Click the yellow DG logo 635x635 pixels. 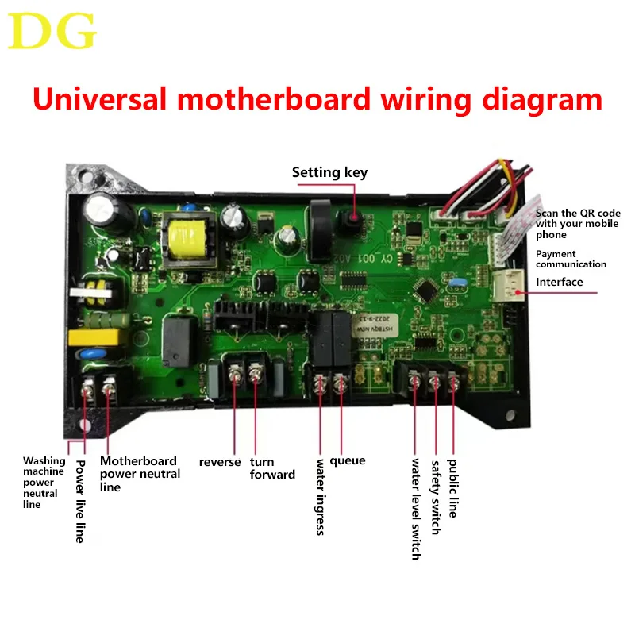coord(54,32)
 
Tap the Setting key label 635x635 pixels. coord(329,172)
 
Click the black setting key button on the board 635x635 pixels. coord(352,217)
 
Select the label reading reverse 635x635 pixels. coord(220,462)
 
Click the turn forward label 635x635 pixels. coord(272,468)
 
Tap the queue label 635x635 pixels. coord(347,460)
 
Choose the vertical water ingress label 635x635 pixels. coord(321,496)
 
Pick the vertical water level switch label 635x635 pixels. coord(415,509)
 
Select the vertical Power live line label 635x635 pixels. coord(79,501)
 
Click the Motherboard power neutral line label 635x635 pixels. coord(140,474)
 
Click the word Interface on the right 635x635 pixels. coord(559,282)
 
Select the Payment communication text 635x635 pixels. coord(571,259)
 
